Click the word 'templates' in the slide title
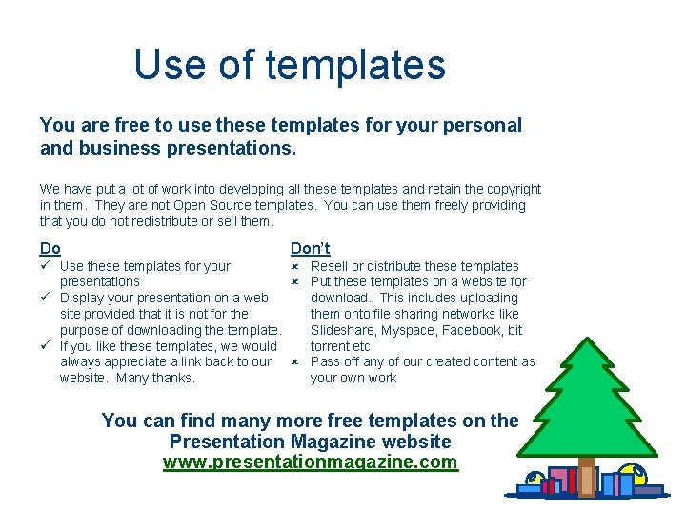click(355, 65)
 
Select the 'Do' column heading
click(50, 248)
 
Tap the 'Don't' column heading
click(310, 248)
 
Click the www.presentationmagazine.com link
click(310, 463)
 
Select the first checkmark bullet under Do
click(45, 266)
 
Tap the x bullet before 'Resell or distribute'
click(295, 266)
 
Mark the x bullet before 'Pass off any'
click(295, 362)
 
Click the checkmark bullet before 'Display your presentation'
click(45, 298)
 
